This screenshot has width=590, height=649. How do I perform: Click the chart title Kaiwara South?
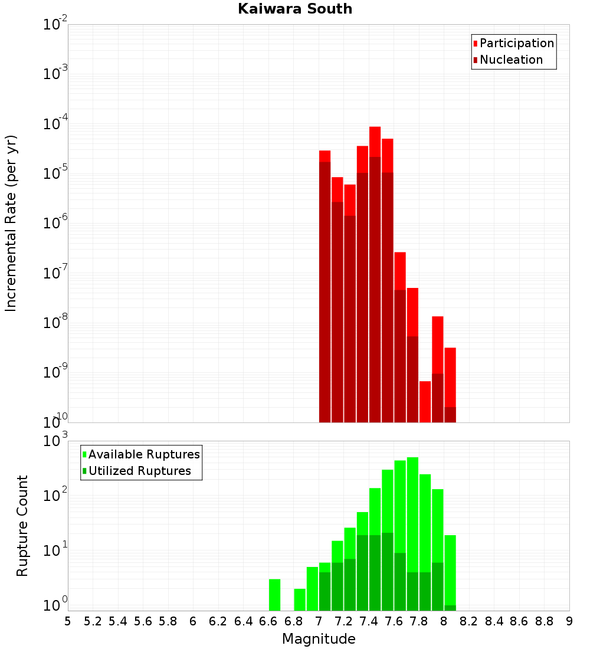click(x=295, y=9)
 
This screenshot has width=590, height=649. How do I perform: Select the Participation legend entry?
click(x=517, y=43)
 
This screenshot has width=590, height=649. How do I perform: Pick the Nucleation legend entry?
click(x=511, y=60)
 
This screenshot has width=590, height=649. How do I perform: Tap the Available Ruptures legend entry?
click(x=144, y=454)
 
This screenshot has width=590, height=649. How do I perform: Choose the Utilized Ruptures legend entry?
click(x=139, y=471)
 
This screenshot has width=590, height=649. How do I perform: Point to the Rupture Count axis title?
click(x=22, y=526)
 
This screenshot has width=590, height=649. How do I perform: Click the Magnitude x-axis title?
click(x=319, y=639)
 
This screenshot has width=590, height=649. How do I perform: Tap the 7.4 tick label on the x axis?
click(x=369, y=621)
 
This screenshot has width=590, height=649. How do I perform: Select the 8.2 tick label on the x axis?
click(x=469, y=621)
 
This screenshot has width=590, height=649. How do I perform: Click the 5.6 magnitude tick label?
click(x=143, y=621)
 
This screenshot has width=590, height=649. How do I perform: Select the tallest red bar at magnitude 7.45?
click(x=375, y=142)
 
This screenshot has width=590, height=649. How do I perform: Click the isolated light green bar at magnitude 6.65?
click(x=274, y=595)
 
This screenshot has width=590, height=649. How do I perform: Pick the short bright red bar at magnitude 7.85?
click(x=425, y=401)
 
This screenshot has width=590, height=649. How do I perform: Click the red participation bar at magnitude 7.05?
click(x=324, y=156)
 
